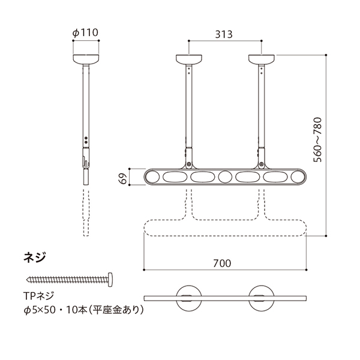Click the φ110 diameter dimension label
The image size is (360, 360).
85,32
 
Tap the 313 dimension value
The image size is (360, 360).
224,34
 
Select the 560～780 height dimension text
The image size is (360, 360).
318,140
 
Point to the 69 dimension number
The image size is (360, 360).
124,178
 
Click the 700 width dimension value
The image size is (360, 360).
222,263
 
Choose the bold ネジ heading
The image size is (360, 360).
35,257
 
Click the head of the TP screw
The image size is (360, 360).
110,280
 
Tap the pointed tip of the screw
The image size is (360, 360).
28,280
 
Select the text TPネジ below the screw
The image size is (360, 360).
38,296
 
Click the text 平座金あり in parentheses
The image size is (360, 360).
115,310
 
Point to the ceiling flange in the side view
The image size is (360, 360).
86,59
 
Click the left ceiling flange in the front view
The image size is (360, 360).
189,59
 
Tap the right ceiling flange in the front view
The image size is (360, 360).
262,59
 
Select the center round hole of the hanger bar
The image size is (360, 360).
225,177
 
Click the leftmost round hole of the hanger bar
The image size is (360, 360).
152,177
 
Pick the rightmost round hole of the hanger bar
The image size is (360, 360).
298,177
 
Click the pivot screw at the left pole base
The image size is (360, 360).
189,164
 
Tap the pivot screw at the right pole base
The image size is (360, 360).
262,164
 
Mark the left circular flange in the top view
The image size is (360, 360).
189,298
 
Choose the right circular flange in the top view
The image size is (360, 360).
262,298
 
